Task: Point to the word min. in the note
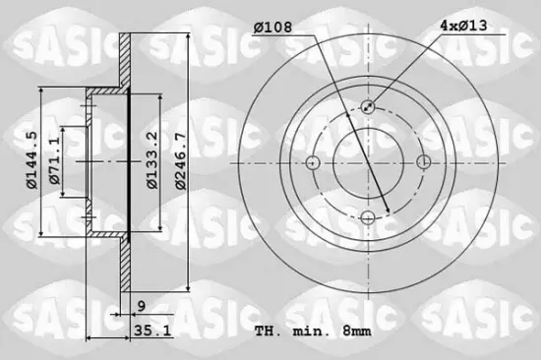(x=307, y=330)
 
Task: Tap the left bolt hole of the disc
(x=313, y=162)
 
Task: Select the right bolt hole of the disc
(x=424, y=162)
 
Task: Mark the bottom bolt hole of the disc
(x=368, y=217)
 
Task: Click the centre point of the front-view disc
(x=368, y=162)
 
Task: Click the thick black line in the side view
(x=130, y=162)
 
